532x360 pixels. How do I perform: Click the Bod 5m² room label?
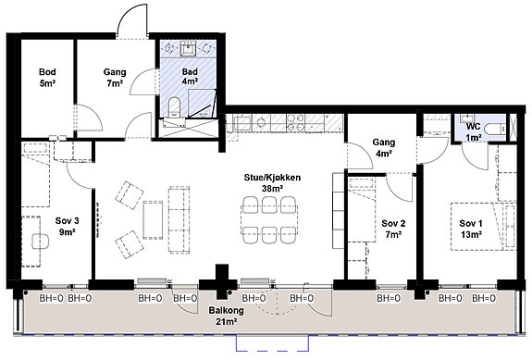[47, 78]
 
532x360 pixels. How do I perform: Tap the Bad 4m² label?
[190, 76]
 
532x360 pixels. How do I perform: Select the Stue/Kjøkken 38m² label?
[272, 183]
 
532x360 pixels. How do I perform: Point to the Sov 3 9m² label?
[68, 227]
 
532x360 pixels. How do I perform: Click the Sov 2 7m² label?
[393, 229]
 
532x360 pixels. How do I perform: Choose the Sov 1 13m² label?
[471, 229]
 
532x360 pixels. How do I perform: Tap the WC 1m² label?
[474, 131]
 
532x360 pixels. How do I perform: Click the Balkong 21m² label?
[226, 316]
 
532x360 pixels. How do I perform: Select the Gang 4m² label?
[384, 147]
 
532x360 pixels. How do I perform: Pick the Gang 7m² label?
[115, 78]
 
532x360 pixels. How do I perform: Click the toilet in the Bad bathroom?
[174, 106]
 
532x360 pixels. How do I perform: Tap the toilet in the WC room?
[495, 129]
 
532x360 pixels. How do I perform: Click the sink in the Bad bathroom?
[188, 49]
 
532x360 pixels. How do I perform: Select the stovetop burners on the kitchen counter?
[295, 123]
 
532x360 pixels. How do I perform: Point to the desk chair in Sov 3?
[41, 242]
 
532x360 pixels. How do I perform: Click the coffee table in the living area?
[153, 220]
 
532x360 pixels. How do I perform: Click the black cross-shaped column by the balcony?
[222, 282]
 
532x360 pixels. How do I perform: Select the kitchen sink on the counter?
[241, 122]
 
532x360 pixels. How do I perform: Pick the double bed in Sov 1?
[476, 227]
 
